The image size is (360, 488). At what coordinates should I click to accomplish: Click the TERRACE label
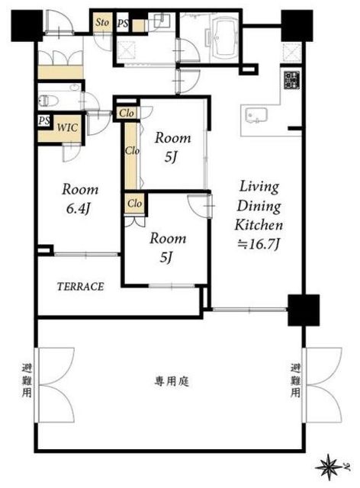pos(80,287)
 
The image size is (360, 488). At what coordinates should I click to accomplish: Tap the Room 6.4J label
pos(80,199)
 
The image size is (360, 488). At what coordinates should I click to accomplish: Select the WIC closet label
pos(67,127)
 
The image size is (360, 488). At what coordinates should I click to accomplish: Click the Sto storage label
pos(102,22)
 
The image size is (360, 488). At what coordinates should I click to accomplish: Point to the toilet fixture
pos(49,101)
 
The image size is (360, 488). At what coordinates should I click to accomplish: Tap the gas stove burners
pos(292,80)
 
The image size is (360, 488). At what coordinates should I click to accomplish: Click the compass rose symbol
pos(329,467)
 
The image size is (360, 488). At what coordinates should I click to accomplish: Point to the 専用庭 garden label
pos(172,381)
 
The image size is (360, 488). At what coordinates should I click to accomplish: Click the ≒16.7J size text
pos(258,244)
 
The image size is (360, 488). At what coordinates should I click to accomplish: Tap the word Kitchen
pos(259,225)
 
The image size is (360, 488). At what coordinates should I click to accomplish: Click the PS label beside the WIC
pos(44,120)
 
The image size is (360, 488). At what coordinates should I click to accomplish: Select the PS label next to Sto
pos(123,23)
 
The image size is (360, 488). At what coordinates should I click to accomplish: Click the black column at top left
pos(27,25)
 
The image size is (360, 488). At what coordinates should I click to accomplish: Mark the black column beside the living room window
pos(304,310)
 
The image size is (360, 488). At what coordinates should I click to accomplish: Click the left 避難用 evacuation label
pos(27,380)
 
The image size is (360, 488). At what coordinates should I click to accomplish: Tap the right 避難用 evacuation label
pos(295,380)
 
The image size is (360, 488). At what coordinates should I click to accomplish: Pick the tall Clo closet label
pos(132,151)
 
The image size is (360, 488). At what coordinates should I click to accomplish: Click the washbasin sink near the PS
pos(162,21)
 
